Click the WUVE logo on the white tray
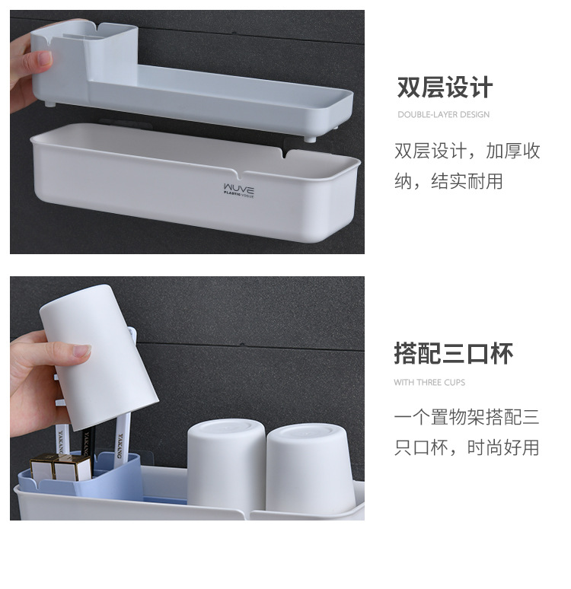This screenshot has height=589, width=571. coord(239,190)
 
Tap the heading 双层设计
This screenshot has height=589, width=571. coord(445,88)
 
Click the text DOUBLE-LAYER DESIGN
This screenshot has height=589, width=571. coord(444,115)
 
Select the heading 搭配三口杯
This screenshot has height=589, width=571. coord(453,353)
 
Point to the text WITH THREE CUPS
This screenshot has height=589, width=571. coord(429,383)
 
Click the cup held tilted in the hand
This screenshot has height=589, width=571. coord(98,356)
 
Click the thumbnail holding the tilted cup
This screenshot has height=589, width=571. coord(82,352)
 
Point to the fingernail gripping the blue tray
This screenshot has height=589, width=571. coord(44,59)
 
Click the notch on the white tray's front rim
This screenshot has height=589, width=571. coord(240,174)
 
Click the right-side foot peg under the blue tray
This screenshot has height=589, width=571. coord(310,139)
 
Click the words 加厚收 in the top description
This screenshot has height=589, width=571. coord(512,151)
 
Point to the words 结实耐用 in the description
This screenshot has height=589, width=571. coord(467,181)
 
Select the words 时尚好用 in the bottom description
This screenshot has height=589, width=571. coord(503,447)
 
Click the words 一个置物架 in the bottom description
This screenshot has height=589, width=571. coord(439,417)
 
